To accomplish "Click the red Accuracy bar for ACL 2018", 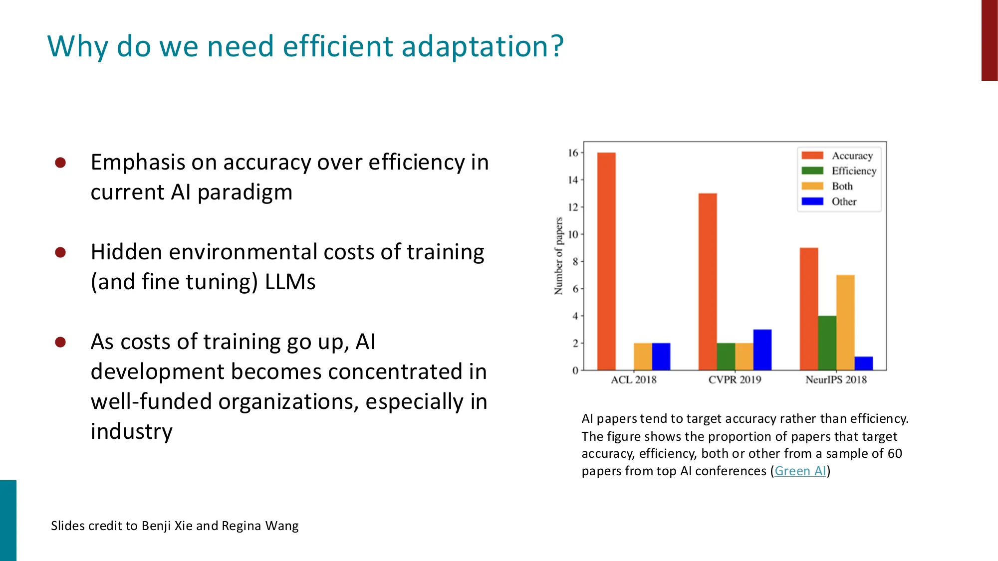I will pos(606,261).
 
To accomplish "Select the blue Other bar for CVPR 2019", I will pos(762,350).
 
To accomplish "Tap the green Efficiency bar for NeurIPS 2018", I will pos(827,343).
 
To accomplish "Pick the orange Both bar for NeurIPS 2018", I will pos(845,323).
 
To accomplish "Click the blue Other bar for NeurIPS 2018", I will pos(863,363).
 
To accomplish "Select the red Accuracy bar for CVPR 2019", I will pos(708,282).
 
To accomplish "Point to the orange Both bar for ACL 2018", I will pos(643,357).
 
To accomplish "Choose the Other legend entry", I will pos(843,201).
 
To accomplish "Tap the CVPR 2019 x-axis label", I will pos(735,379).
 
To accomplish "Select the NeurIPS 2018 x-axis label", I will pos(836,379).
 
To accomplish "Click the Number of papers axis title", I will pos(558,256).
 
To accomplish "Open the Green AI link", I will pos(800,471).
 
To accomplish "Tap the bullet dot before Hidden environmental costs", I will pos(60,252).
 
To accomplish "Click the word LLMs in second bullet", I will pos(290,282).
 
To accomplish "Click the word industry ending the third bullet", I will pos(131,431).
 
